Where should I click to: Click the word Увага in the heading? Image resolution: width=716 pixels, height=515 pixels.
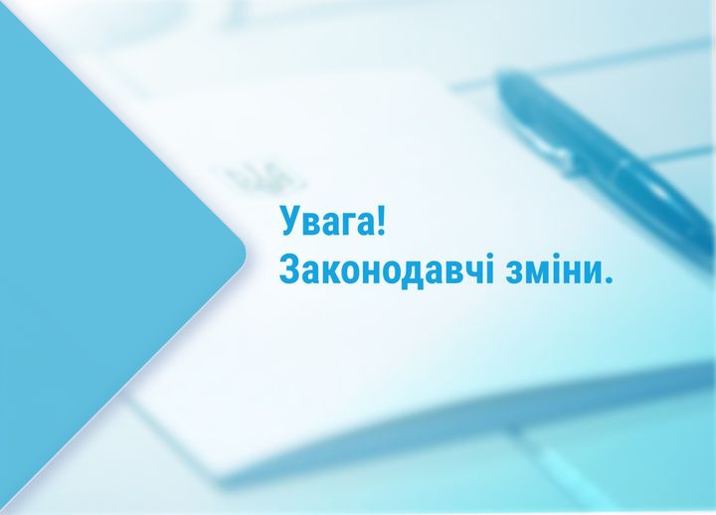point(327,222)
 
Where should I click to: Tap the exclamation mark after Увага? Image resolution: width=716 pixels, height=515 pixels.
point(382,220)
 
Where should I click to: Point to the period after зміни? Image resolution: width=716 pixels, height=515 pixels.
point(608,279)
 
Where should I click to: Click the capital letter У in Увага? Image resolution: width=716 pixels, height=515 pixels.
point(290,222)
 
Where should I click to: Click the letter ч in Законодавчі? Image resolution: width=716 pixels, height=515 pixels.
point(471,272)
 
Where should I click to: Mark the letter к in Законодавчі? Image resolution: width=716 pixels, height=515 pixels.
point(331,272)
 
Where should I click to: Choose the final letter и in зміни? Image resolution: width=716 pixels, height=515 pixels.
point(590,272)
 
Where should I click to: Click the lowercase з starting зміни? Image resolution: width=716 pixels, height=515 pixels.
point(513,272)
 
